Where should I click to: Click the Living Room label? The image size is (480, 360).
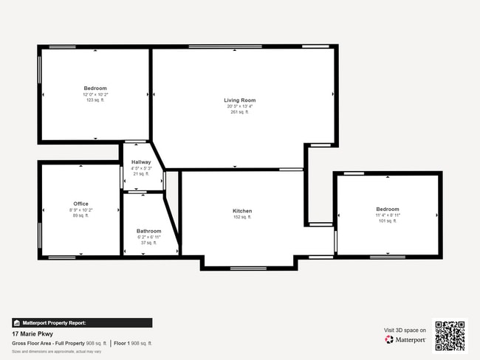[x=240, y=100]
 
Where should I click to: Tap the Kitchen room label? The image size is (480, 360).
[x=242, y=211]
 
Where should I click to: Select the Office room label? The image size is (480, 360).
[x=80, y=204]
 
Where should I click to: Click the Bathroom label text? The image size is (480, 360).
[x=148, y=231]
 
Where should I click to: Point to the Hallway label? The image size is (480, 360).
[x=141, y=162]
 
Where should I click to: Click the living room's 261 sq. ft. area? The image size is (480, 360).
[x=240, y=112]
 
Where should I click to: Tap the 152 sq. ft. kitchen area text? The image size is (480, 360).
[x=242, y=218]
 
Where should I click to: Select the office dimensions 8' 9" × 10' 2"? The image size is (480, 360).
[x=80, y=210]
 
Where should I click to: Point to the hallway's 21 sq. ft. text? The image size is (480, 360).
[x=141, y=174]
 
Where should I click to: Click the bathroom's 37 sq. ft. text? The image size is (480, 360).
[x=148, y=243]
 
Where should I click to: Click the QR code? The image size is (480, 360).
[x=450, y=336]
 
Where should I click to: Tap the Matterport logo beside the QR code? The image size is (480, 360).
[x=405, y=340]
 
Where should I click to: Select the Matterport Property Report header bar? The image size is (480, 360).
[x=82, y=322]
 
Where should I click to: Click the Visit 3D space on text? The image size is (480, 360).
[x=405, y=330]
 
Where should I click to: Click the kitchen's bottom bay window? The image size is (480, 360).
[x=248, y=268]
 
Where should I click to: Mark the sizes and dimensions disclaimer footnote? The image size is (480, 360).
[x=57, y=351]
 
